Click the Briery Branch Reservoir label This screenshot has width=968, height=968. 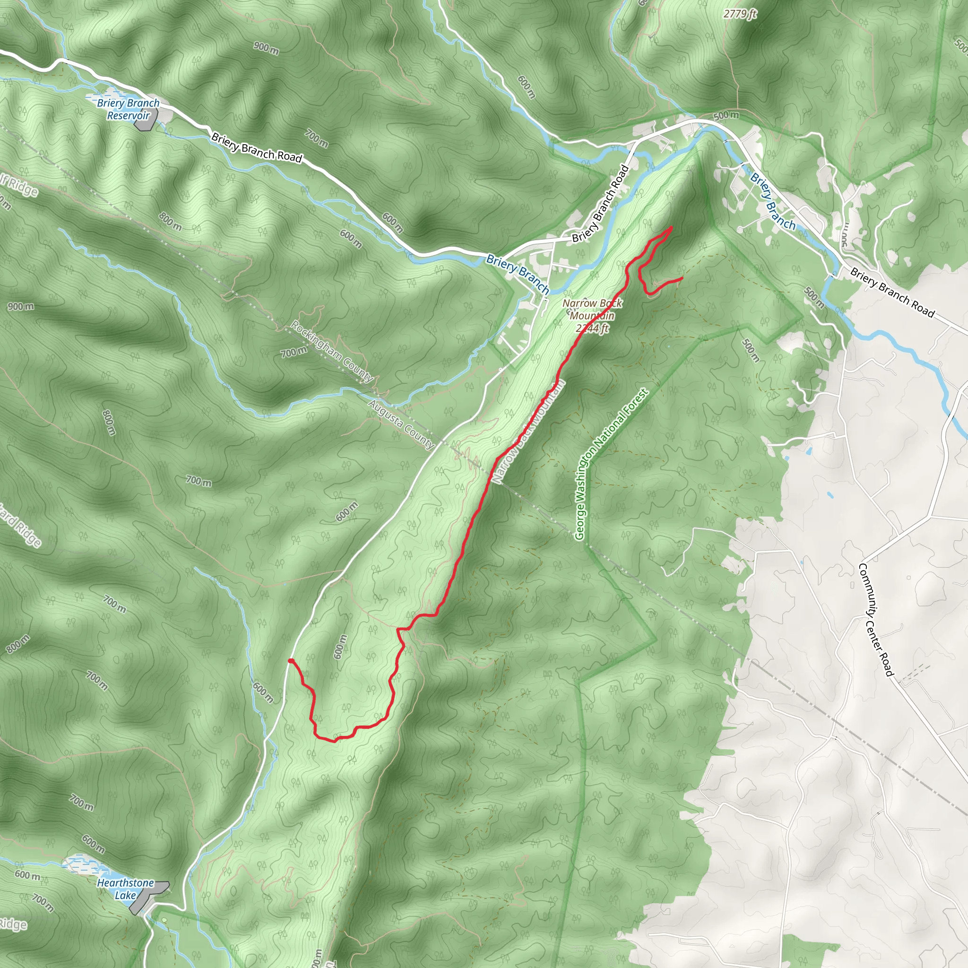click(128, 109)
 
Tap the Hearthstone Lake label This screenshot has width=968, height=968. click(125, 903)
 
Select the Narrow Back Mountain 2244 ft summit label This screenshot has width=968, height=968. click(592, 316)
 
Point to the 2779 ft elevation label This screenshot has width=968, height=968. click(740, 14)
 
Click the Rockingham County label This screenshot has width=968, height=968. click(332, 351)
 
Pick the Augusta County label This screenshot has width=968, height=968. click(401, 424)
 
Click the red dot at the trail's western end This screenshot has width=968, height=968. click(291, 661)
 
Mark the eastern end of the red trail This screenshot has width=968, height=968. click(683, 278)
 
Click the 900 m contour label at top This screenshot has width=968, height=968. click(266, 48)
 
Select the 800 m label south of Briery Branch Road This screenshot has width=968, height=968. click(170, 221)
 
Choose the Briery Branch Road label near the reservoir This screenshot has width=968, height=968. click(257, 147)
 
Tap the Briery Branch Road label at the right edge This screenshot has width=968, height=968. click(892, 293)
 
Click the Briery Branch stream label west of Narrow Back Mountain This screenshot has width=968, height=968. click(518, 274)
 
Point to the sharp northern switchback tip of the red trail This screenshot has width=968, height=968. click(671, 228)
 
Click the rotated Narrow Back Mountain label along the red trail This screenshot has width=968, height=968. click(528, 432)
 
